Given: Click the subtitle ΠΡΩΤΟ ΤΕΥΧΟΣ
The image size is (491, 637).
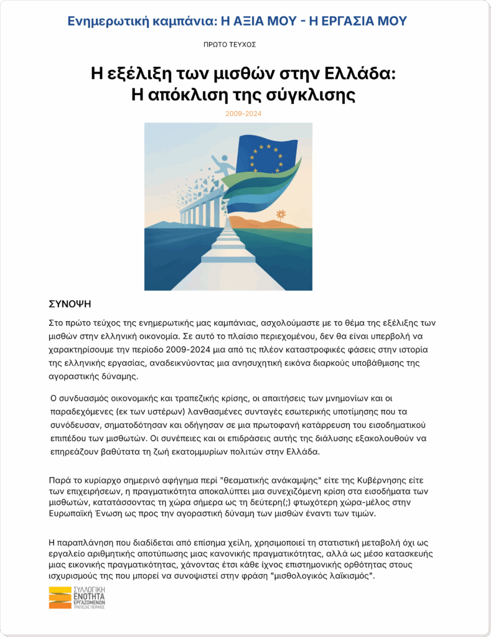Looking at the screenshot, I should (x=230, y=45).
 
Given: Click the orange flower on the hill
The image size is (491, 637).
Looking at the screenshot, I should (x=281, y=214).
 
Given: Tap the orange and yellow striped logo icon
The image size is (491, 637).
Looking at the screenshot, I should (x=60, y=598).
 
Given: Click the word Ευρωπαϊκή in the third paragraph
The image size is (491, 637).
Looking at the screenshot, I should (x=75, y=516).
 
